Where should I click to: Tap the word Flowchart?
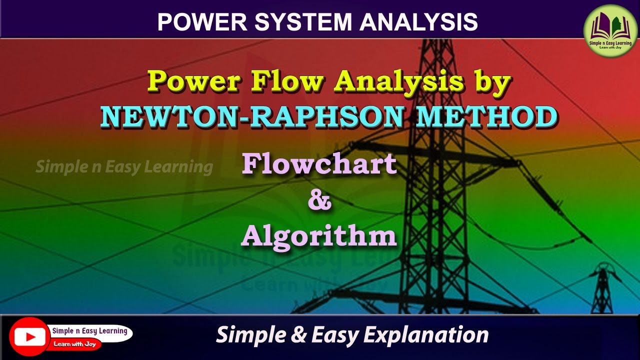319,164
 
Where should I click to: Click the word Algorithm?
319,236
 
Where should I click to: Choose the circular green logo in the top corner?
610,31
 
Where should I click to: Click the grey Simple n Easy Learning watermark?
124,166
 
